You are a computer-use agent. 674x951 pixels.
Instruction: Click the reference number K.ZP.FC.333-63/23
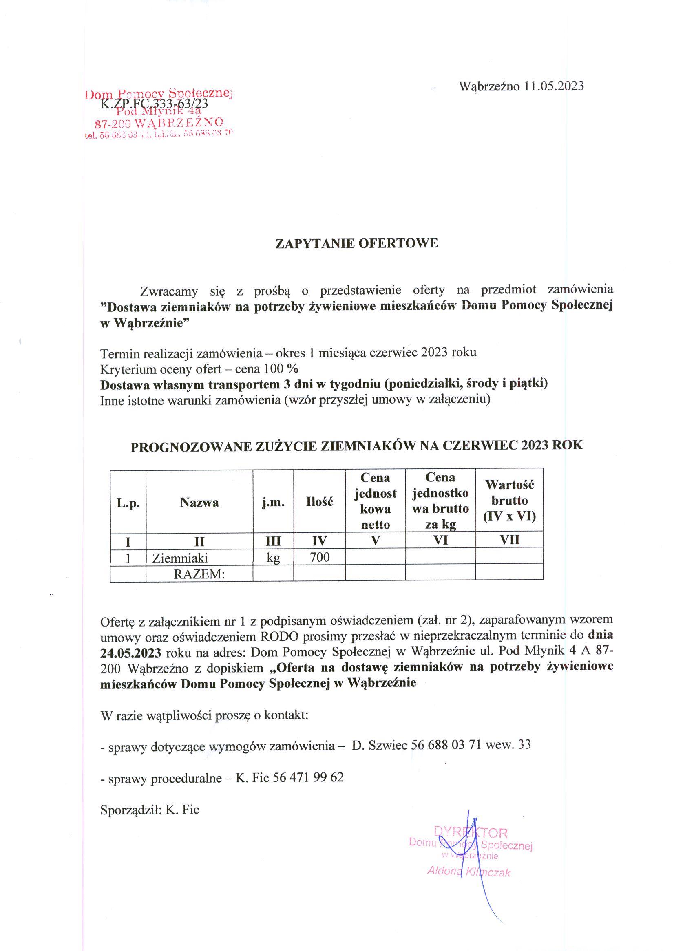point(155,103)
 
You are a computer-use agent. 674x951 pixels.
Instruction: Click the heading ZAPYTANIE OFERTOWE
point(356,243)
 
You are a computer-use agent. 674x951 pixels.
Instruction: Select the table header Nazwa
point(199,503)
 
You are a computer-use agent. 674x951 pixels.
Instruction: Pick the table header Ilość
point(319,503)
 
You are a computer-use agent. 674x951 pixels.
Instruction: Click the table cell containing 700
point(319,557)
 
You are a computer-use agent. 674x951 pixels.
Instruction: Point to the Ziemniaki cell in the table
point(180,558)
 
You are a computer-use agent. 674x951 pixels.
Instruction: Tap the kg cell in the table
point(273,558)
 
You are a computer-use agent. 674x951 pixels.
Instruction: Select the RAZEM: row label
point(199,574)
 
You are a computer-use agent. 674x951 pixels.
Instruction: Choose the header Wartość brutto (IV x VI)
point(510,501)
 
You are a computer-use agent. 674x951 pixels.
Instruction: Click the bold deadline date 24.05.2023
point(131,653)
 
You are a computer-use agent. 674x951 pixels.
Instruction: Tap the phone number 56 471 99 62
point(308,777)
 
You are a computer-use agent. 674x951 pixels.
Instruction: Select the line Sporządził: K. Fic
point(150,810)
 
